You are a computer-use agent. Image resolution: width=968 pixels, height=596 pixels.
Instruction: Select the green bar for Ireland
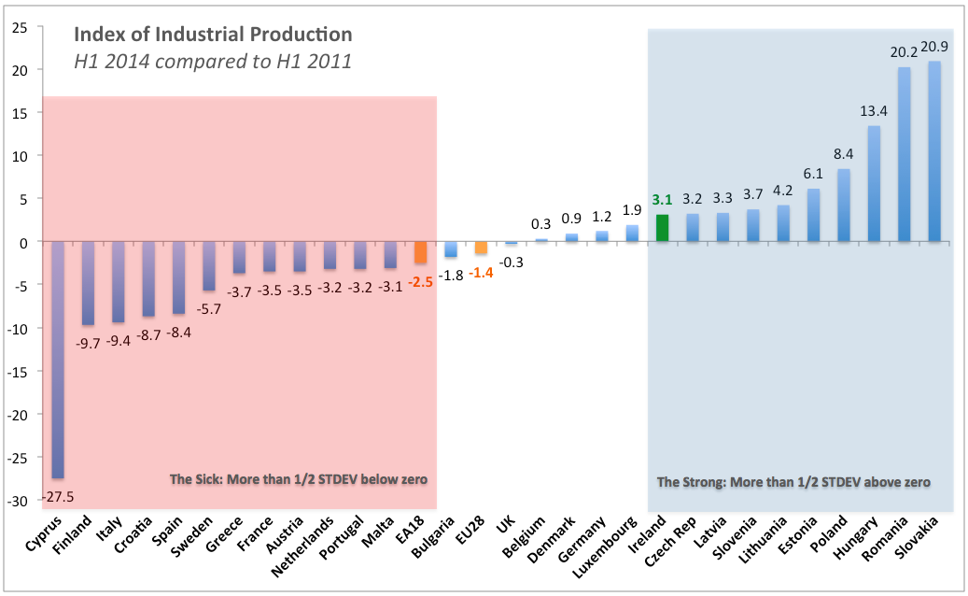click(663, 228)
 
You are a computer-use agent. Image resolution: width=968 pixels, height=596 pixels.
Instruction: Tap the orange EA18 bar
click(420, 252)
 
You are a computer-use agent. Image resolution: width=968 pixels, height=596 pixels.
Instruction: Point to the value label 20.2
click(904, 55)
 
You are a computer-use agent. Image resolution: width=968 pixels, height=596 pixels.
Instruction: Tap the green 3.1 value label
click(663, 200)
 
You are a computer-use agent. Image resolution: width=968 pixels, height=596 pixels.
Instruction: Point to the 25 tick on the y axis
click(17, 26)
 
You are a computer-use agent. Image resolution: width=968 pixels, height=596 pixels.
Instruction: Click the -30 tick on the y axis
click(15, 501)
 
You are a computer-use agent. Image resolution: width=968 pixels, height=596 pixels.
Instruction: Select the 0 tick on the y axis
click(21, 242)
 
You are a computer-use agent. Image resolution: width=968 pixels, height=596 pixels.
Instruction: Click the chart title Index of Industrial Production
click(213, 35)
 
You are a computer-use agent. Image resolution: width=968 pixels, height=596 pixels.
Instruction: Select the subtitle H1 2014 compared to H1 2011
click(213, 63)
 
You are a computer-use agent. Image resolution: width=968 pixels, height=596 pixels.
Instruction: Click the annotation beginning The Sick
click(298, 479)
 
